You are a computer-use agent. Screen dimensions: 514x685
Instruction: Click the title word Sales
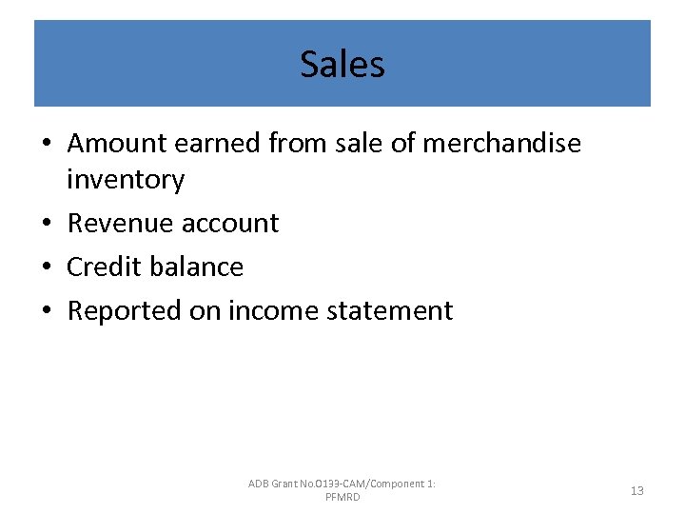342,65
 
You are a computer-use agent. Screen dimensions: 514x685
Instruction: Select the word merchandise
501,143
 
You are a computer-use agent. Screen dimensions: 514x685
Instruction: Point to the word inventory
126,179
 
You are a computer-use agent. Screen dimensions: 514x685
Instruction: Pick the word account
232,223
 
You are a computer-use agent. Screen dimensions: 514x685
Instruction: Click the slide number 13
637,491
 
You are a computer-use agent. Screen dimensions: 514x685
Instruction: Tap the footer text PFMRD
342,498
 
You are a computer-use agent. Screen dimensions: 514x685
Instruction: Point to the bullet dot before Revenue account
48,224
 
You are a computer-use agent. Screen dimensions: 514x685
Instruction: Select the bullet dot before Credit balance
48,267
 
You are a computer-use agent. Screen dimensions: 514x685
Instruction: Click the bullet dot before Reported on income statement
48,311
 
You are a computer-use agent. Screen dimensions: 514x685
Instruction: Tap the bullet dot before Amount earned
48,144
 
